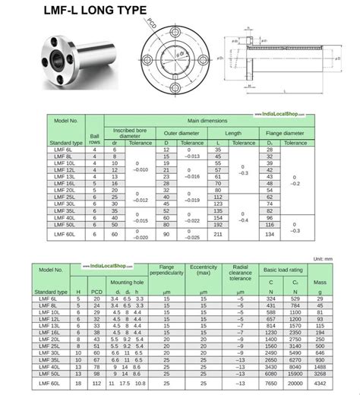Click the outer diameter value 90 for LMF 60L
pyautogui.click(x=166, y=235)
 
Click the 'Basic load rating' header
pyautogui.click(x=282, y=270)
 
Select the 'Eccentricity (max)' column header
pyautogui.click(x=204, y=273)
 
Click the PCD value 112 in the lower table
pyautogui.click(x=96, y=386)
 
